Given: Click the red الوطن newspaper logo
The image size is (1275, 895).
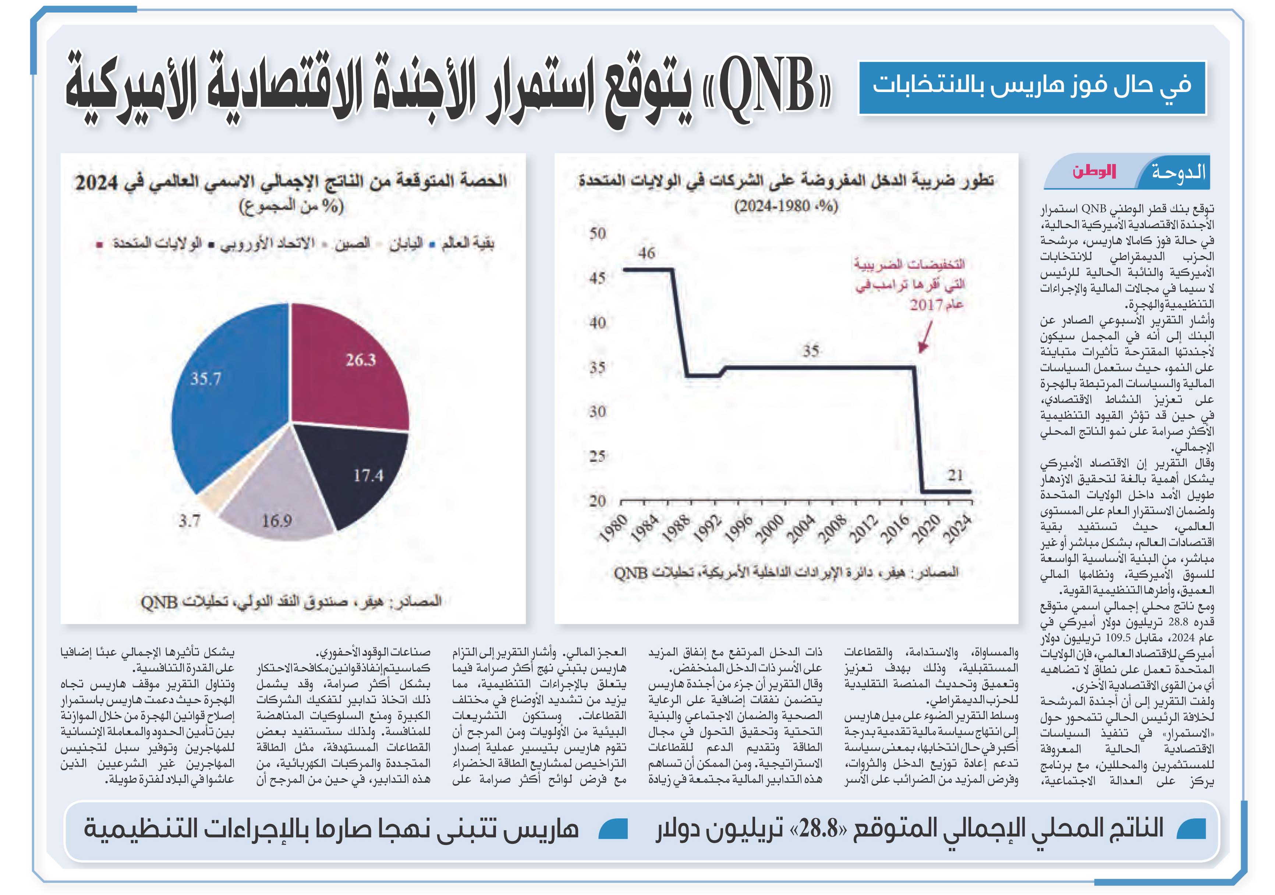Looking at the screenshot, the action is point(1094,171).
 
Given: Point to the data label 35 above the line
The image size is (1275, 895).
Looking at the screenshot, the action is point(811,351).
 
